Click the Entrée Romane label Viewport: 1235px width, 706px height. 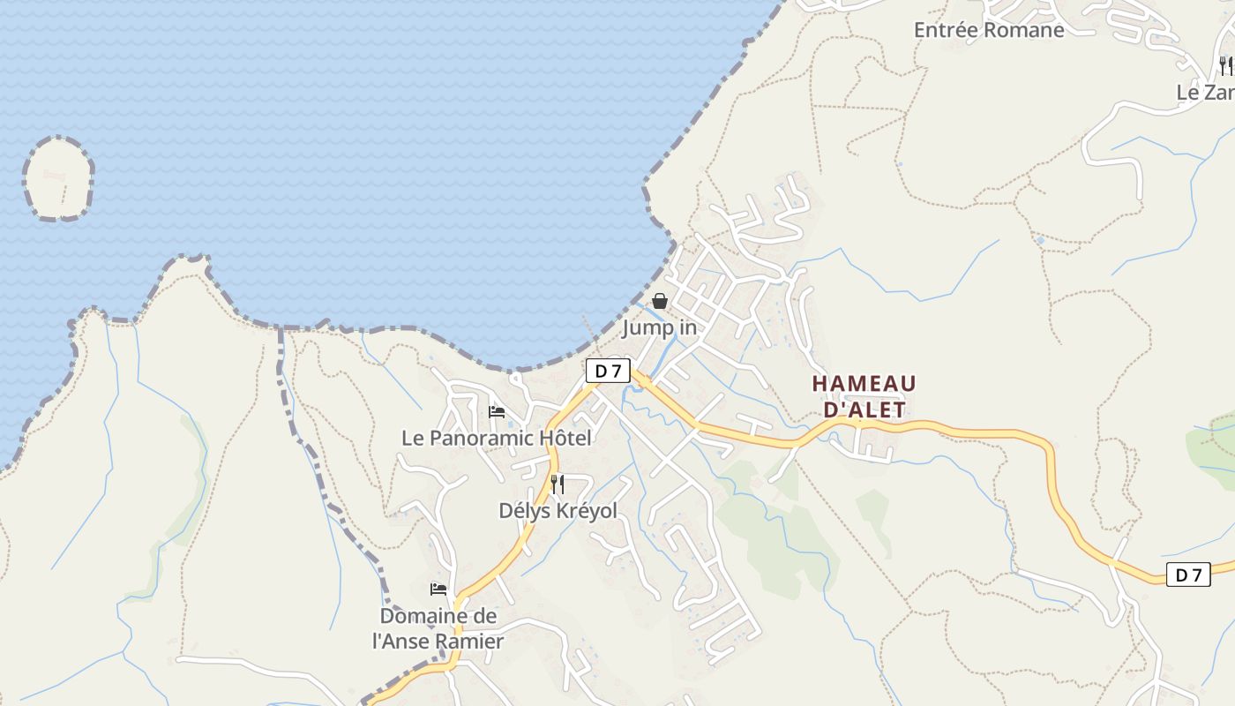click(988, 30)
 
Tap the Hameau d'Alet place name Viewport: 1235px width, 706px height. click(864, 396)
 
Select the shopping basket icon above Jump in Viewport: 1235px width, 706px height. click(659, 302)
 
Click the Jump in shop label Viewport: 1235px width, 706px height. click(659, 328)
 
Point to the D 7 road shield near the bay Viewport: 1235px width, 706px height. click(608, 371)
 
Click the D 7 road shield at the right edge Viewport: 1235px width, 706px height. click(1188, 575)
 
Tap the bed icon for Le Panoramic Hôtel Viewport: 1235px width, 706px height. click(497, 411)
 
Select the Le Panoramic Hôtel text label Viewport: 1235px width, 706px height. click(497, 438)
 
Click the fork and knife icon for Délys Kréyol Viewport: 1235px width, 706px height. click(557, 484)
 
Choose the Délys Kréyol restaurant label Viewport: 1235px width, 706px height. click(558, 511)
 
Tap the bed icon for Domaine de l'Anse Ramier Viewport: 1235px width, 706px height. click(438, 589)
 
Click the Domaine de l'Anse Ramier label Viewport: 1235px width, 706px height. click(438, 628)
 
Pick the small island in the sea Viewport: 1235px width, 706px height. click(58, 178)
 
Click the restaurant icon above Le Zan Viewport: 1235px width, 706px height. click(1224, 65)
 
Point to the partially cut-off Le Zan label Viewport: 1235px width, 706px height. click(1205, 92)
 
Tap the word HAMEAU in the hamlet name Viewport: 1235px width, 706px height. click(864, 384)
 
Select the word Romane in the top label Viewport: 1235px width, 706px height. click(1023, 30)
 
